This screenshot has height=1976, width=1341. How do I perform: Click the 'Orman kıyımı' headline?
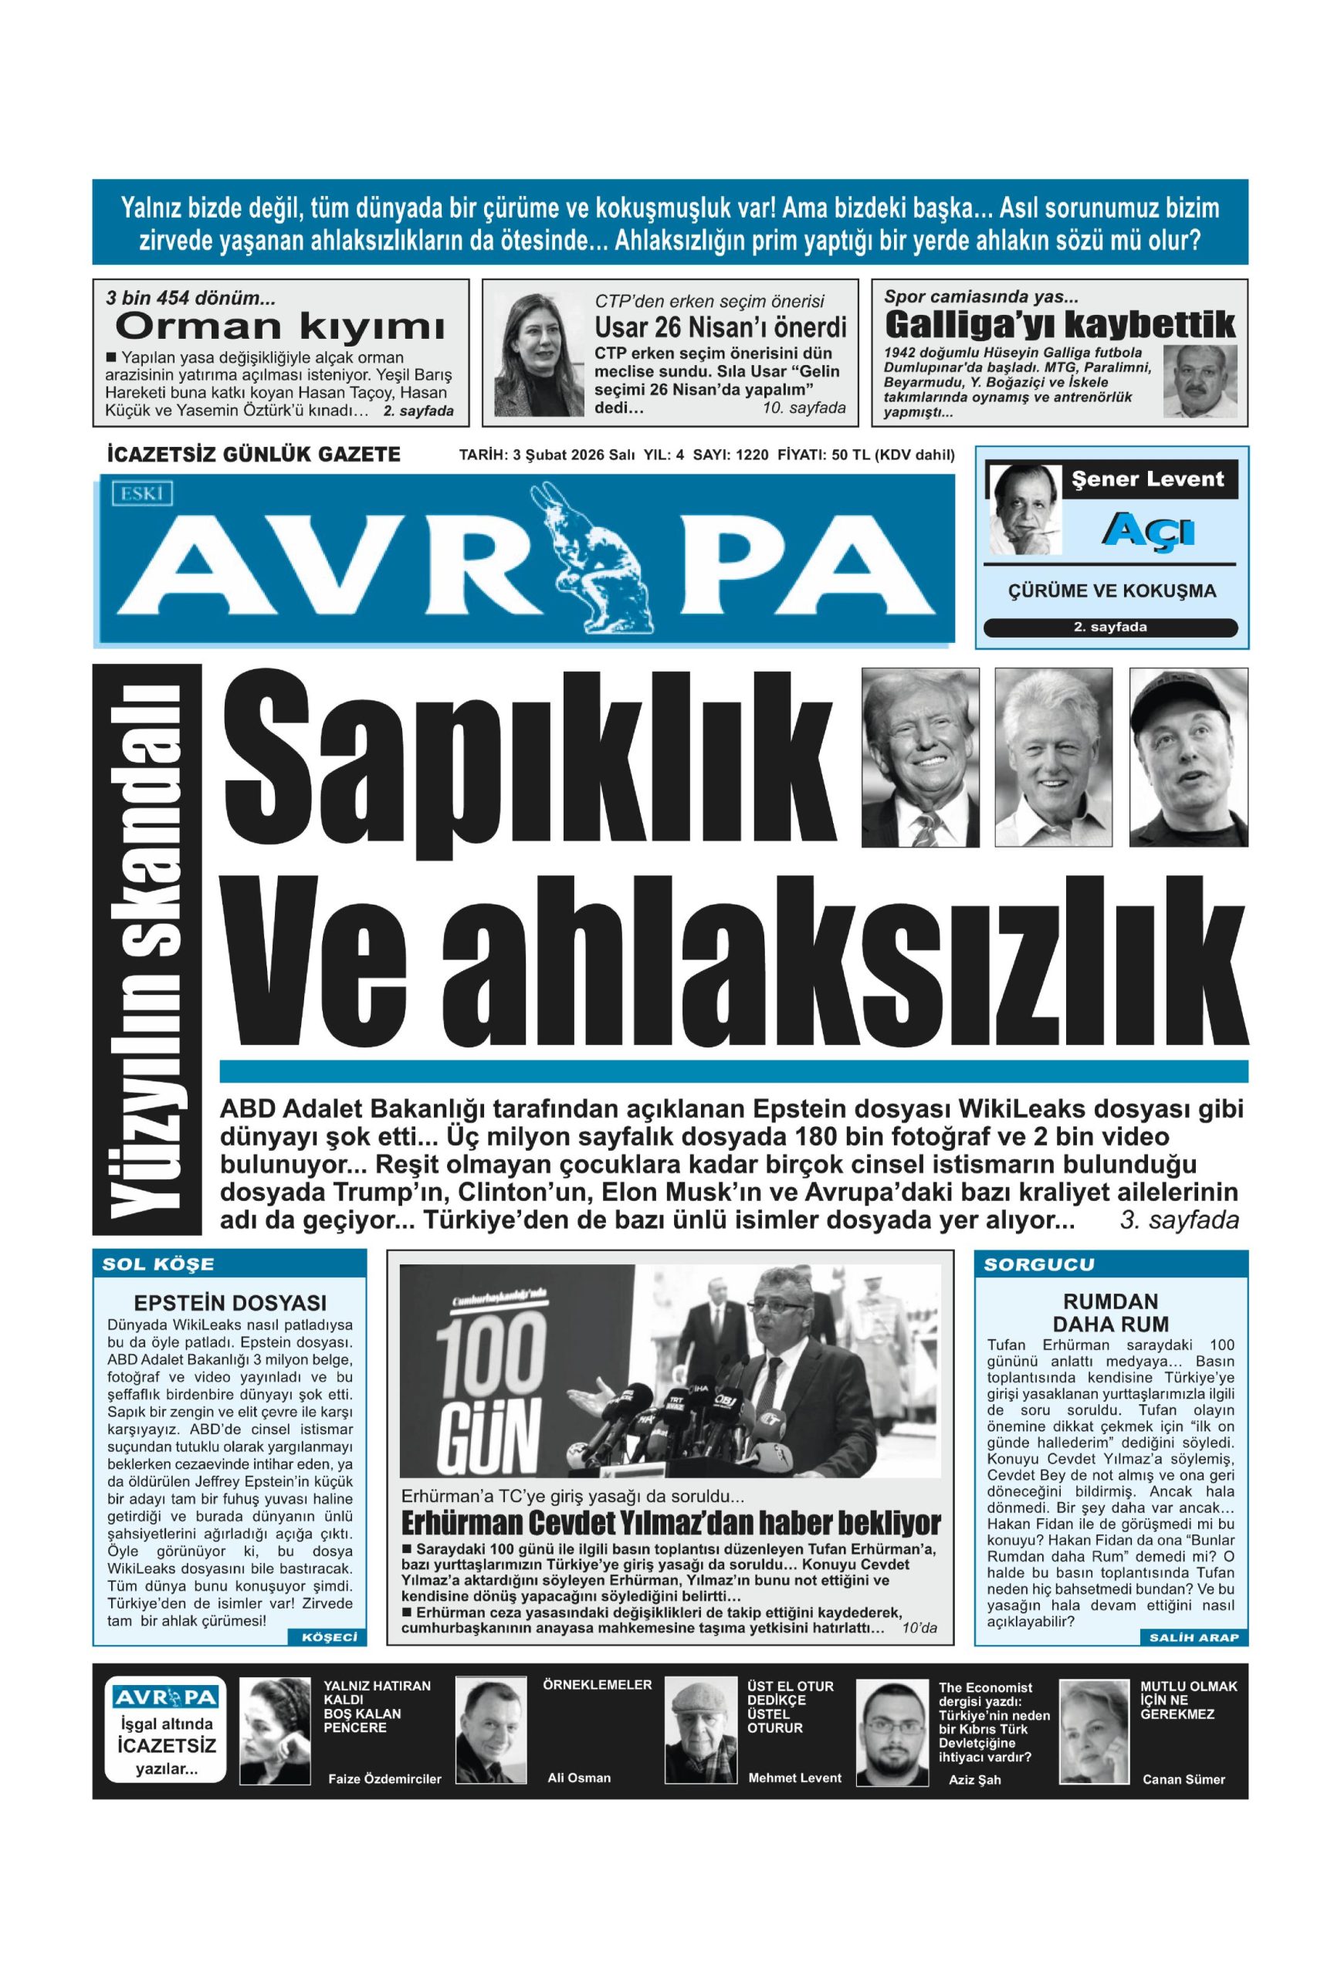(x=279, y=327)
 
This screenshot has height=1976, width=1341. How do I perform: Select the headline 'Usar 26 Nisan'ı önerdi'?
(x=720, y=327)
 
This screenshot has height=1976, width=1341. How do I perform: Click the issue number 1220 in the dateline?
(x=752, y=455)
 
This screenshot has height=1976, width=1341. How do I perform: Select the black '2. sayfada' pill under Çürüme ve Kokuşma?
(x=1109, y=628)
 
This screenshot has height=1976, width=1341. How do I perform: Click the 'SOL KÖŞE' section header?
(x=158, y=1264)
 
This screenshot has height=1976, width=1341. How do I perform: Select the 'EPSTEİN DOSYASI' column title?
(x=229, y=1304)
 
